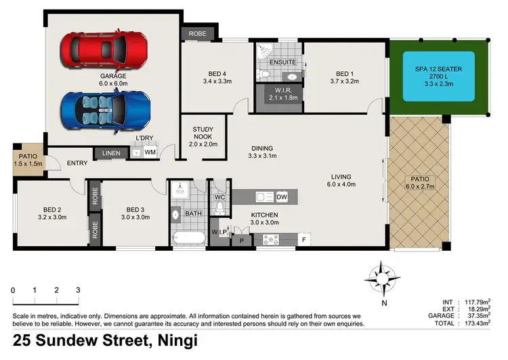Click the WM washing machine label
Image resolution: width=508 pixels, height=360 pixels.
coord(150,153)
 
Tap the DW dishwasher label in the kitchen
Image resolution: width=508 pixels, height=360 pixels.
coord(282,197)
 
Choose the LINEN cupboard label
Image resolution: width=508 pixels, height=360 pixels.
coord(111,154)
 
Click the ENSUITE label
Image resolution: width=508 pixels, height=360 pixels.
coord(282,62)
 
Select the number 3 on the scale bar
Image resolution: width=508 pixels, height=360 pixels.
coord(78,290)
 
